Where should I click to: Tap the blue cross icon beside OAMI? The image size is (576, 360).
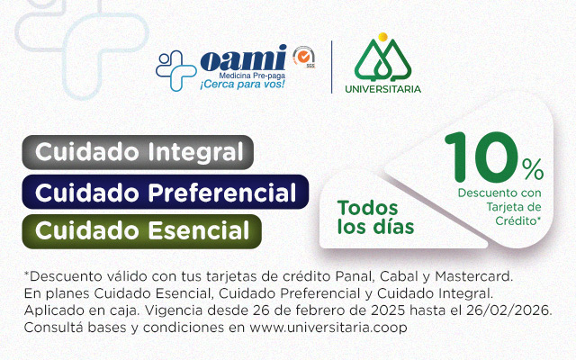coord(176,67)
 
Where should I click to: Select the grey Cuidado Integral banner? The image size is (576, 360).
coord(139,151)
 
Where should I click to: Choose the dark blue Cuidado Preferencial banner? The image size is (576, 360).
coord(166,191)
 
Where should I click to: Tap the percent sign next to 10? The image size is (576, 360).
coord(533,168)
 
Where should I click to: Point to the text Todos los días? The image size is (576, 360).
coord(375,217)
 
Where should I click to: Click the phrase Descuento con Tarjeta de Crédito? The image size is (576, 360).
coord(500,205)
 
